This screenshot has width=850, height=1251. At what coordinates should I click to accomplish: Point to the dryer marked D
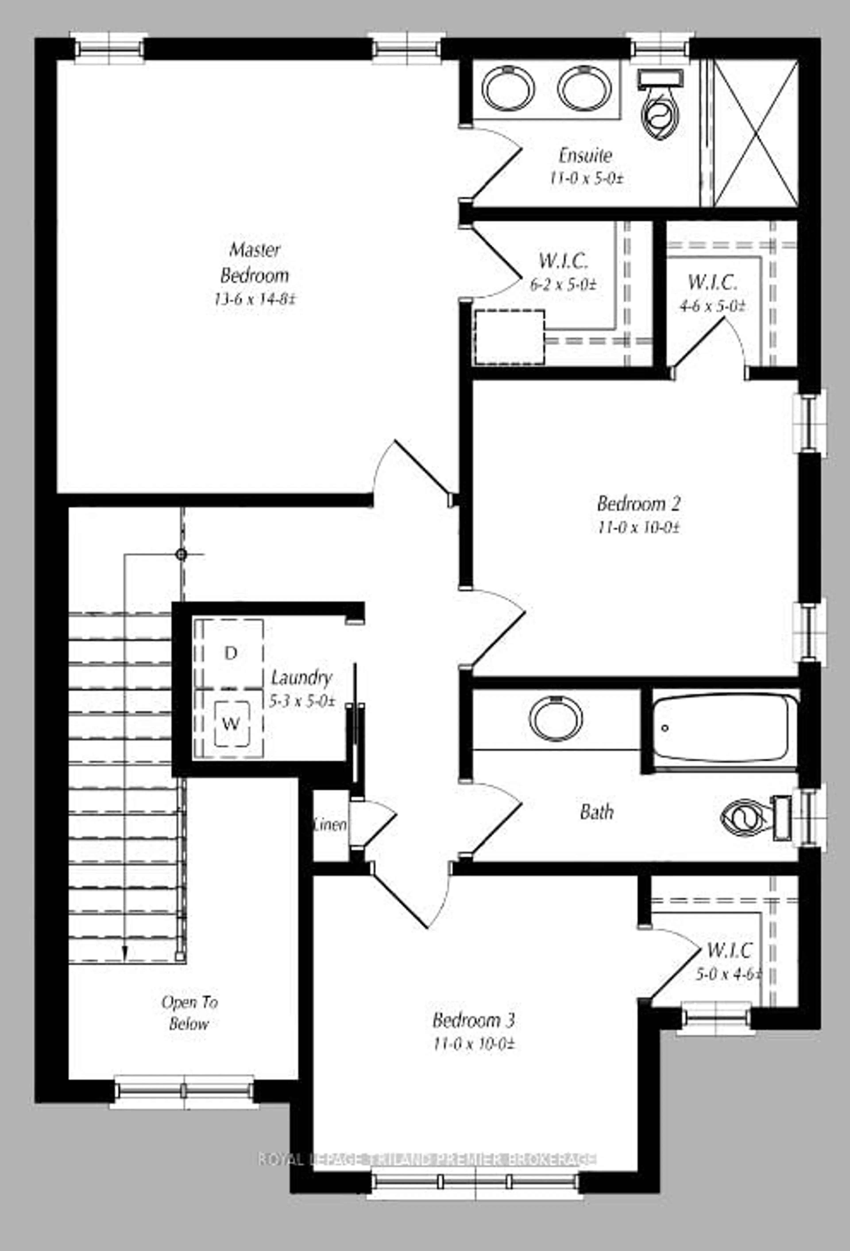230,653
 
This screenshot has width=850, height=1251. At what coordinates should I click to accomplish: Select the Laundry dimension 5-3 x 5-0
302,701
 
